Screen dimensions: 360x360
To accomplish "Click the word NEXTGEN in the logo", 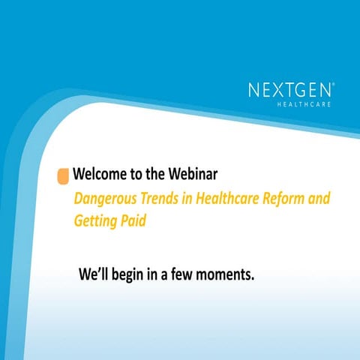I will (x=289, y=91).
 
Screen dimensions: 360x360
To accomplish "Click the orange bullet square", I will (x=64, y=175).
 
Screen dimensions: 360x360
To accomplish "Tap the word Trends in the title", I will (x=158, y=199).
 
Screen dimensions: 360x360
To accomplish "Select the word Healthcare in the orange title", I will (x=230, y=199).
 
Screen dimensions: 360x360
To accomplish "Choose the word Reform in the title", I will (x=289, y=199).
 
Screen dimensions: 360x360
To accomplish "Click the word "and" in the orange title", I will (x=319, y=199).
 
